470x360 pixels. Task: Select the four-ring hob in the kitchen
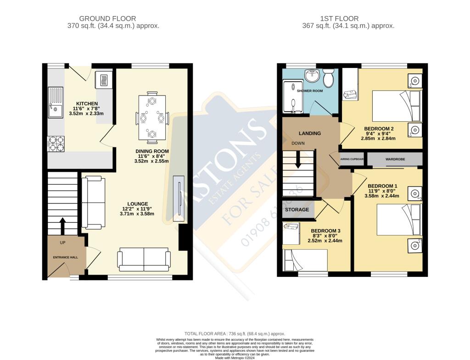pos(56,144)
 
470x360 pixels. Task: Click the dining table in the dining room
pos(151,117)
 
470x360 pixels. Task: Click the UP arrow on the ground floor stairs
pos(63,225)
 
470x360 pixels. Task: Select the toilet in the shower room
pos(328,78)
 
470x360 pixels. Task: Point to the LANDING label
pos(309,133)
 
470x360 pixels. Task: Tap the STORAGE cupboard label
pos(297,209)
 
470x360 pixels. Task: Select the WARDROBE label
pos(395,159)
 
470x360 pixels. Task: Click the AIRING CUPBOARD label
pos(352,159)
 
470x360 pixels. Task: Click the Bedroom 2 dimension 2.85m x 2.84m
pos(378,138)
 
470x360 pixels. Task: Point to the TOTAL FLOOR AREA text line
pos(235,334)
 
